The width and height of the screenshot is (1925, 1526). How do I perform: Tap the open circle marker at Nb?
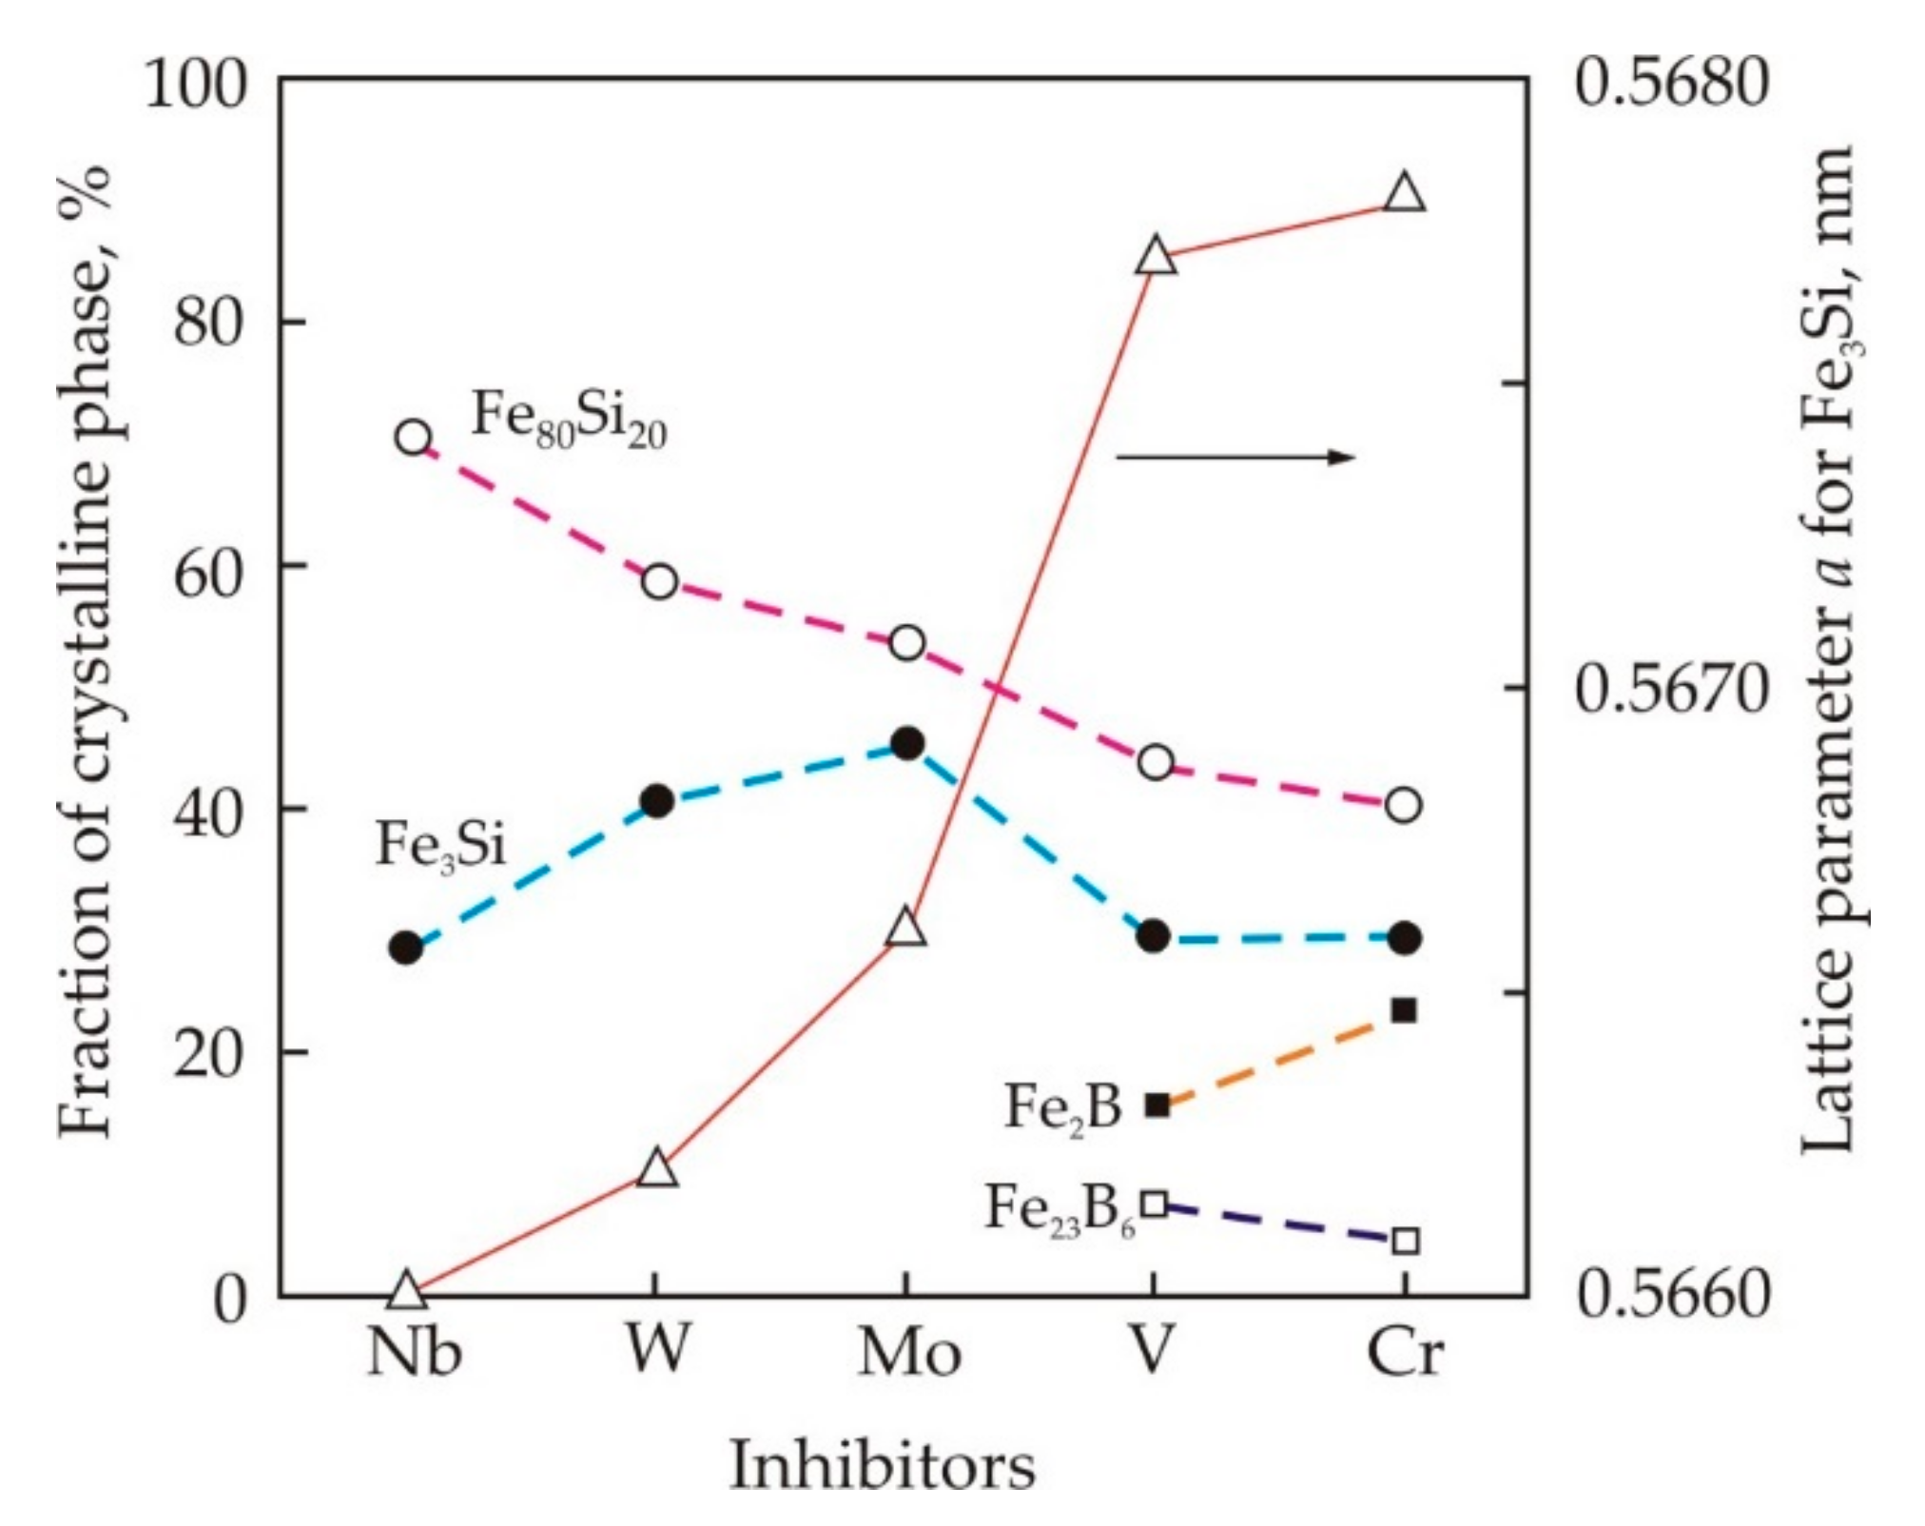[413, 438]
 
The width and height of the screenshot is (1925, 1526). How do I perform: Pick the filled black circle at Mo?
[907, 743]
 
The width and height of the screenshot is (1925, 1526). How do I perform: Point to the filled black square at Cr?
[1404, 1010]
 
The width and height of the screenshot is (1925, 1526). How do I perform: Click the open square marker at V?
[1155, 1204]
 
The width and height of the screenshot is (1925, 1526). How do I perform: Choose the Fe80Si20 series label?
[569, 420]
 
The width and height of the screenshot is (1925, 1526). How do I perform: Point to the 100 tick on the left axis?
[195, 84]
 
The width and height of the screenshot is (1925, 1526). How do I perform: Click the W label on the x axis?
[656, 1349]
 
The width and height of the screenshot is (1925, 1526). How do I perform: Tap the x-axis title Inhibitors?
[882, 1465]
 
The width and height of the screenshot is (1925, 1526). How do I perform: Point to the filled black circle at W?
[657, 802]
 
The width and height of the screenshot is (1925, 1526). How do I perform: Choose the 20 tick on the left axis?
[208, 1053]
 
